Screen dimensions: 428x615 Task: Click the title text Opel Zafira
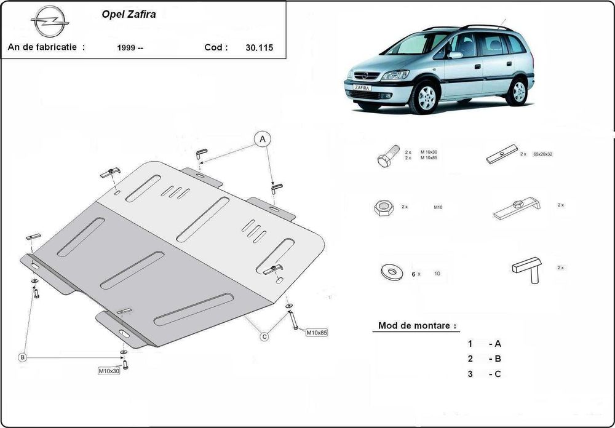[x=128, y=14]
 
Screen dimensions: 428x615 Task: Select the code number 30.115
[x=260, y=47]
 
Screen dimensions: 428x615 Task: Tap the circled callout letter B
[x=22, y=357]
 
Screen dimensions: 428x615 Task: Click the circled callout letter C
[x=264, y=336]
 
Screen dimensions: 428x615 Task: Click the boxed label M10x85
[x=317, y=333]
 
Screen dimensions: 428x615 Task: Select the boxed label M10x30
[x=108, y=371]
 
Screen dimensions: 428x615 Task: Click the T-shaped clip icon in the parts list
[x=528, y=269]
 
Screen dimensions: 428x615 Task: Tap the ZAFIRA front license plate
[x=362, y=88]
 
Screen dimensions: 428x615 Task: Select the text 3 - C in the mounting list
[x=484, y=374]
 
